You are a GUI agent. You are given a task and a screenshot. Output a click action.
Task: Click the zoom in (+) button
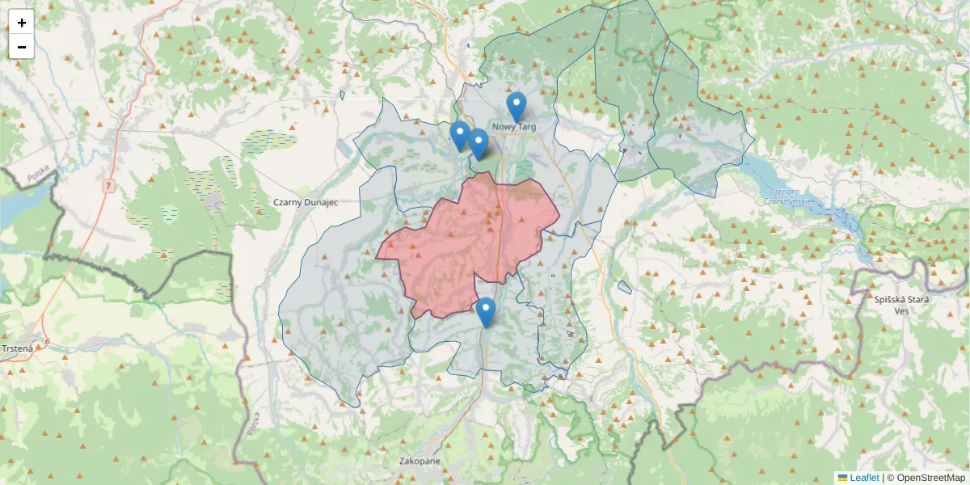(22, 23)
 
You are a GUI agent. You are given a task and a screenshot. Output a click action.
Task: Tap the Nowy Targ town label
(513, 127)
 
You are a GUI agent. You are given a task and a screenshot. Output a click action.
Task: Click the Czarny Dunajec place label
(304, 202)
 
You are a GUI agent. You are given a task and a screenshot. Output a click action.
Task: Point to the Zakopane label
(420, 461)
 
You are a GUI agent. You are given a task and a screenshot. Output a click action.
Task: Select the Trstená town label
(17, 348)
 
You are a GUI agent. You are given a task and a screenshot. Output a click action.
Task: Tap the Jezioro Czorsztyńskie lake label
(788, 196)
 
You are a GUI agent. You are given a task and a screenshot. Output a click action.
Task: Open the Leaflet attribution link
(864, 478)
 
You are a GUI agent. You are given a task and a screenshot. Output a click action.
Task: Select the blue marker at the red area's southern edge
(485, 312)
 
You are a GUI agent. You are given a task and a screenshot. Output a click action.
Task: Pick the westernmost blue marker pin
(460, 136)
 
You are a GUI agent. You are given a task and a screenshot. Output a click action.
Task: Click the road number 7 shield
(108, 187)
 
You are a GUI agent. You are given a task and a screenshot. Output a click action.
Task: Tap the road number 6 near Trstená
(48, 343)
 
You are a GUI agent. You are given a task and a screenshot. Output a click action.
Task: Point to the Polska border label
(38, 174)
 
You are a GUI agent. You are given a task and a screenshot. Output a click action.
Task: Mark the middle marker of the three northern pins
(478, 144)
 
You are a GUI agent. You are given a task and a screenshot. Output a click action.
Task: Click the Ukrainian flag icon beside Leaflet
(842, 478)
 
